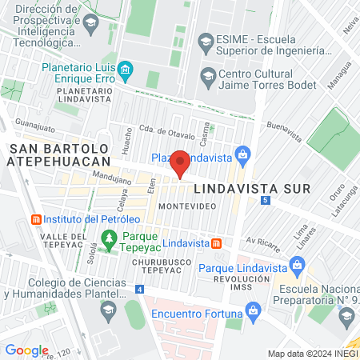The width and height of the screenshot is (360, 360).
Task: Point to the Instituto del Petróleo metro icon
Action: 35,219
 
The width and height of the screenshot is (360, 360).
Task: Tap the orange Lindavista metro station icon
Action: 215,242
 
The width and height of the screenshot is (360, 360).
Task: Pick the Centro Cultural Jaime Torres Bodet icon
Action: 208,77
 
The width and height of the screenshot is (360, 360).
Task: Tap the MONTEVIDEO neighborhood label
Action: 188,206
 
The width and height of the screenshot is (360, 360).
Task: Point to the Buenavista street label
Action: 286,131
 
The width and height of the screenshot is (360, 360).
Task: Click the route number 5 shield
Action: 263,200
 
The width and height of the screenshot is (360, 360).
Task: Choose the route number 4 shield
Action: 141,289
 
